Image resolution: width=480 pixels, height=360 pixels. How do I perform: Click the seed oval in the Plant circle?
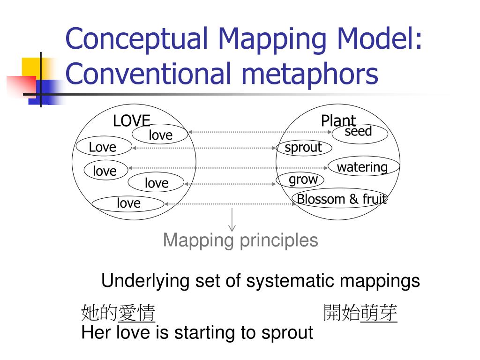tap(360, 133)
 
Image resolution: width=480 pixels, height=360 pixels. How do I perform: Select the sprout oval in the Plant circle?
tap(304, 148)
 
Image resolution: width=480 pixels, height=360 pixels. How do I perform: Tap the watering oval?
tap(363, 167)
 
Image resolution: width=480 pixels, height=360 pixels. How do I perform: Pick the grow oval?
tap(303, 180)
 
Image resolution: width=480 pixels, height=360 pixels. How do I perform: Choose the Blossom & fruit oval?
tap(341, 199)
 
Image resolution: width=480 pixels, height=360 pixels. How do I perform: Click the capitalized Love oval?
tap(103, 147)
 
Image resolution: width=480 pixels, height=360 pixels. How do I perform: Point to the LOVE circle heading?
tap(131, 121)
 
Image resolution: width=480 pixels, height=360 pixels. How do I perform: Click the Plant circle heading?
tap(338, 120)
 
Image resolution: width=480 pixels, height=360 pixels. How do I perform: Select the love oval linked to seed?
tap(160, 135)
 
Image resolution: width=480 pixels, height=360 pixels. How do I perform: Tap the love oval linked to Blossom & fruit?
tap(128, 203)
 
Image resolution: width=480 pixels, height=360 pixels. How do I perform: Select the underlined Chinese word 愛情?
tap(137, 313)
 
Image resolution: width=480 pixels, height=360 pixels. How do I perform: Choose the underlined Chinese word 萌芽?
tap(379, 313)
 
